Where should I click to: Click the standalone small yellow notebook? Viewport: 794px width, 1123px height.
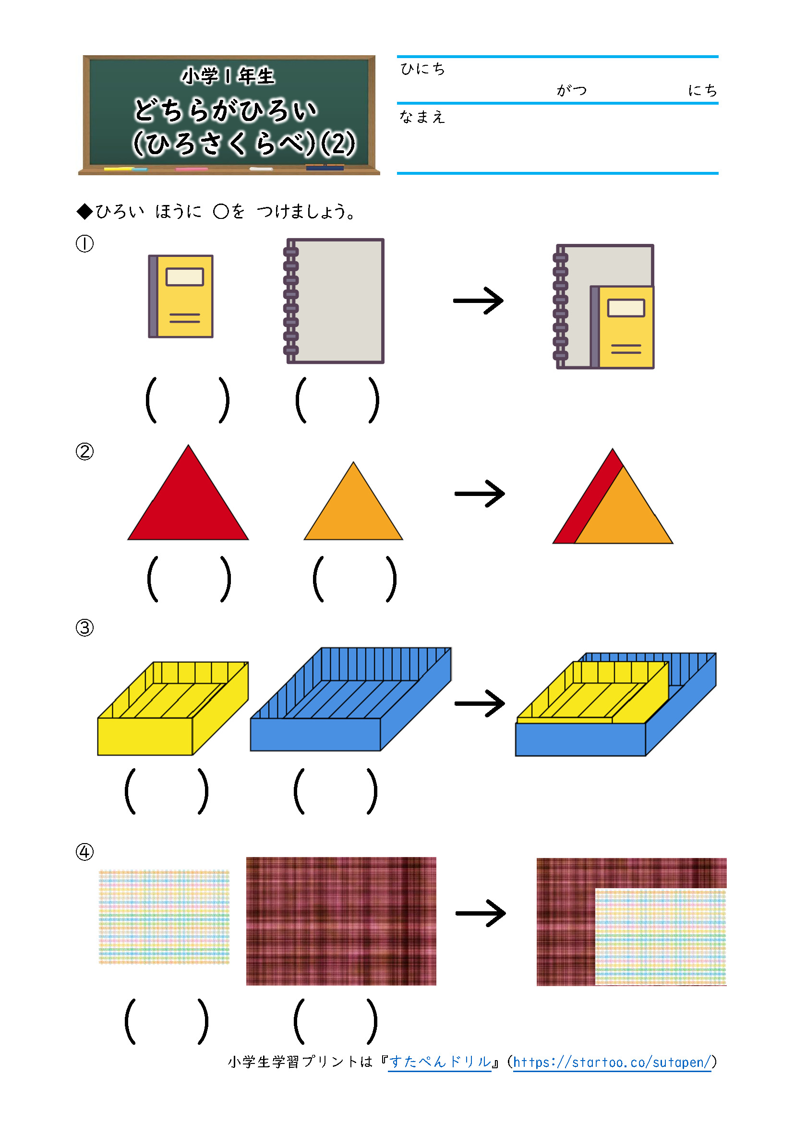pos(181,296)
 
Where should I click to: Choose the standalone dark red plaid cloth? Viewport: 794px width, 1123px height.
pos(341,920)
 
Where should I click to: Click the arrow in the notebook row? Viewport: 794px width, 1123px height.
pos(478,300)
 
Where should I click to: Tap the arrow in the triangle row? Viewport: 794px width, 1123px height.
pos(479,494)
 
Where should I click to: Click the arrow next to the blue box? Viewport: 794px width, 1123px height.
pos(479,703)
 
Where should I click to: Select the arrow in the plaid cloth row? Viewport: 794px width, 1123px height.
pos(480,913)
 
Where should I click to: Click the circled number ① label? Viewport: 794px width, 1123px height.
pos(84,243)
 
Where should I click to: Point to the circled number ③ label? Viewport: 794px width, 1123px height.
pos(84,628)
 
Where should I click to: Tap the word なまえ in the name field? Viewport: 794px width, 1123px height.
pos(422,117)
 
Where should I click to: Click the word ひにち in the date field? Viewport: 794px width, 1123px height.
pos(423,69)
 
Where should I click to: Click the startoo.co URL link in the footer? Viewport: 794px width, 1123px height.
pos(612,1062)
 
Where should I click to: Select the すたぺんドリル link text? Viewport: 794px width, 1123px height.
pos(440,1062)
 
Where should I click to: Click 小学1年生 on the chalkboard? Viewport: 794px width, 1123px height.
pos(228,76)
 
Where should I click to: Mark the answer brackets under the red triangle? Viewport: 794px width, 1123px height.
pos(189,579)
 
